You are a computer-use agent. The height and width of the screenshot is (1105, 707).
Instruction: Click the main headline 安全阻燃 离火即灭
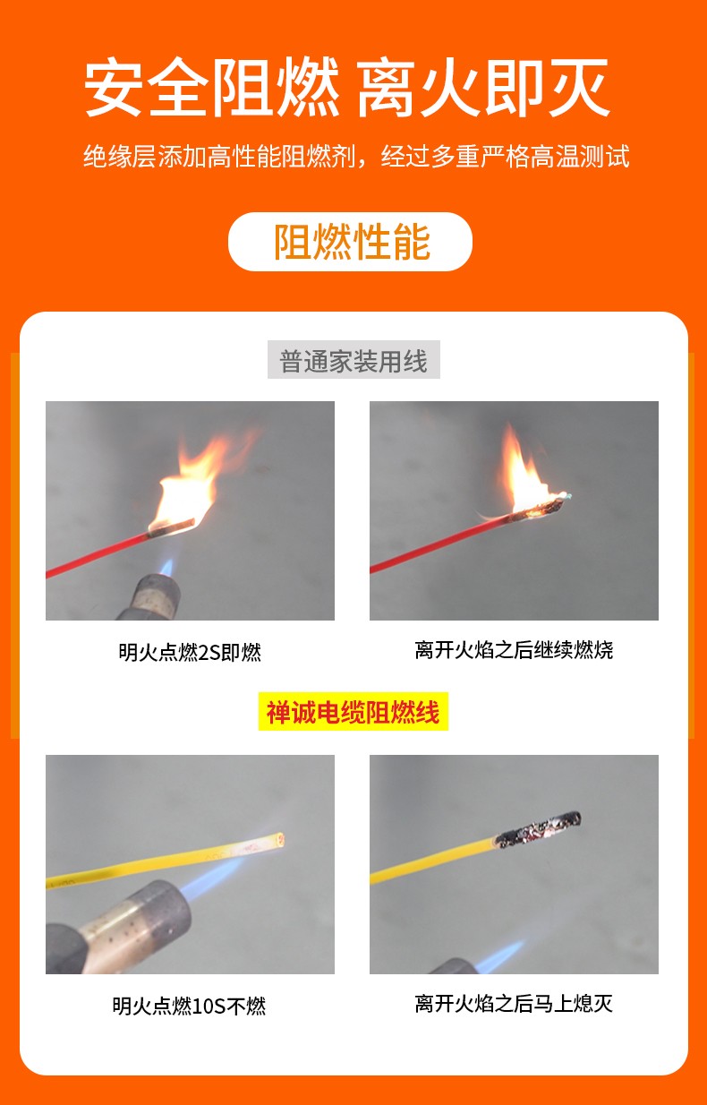click(x=347, y=88)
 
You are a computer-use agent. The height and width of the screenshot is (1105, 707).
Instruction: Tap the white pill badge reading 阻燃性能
click(x=350, y=242)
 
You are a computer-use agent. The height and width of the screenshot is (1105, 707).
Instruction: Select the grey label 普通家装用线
click(x=353, y=360)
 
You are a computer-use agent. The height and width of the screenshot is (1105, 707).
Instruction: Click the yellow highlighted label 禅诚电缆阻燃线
click(x=353, y=711)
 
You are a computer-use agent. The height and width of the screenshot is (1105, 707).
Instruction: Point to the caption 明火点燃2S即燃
click(x=190, y=652)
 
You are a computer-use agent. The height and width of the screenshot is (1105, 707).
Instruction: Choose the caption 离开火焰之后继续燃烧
click(x=514, y=650)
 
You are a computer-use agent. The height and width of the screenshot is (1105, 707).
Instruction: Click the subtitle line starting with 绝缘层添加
click(x=356, y=156)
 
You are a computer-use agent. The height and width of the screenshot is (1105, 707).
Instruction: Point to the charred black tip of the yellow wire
click(x=539, y=829)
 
